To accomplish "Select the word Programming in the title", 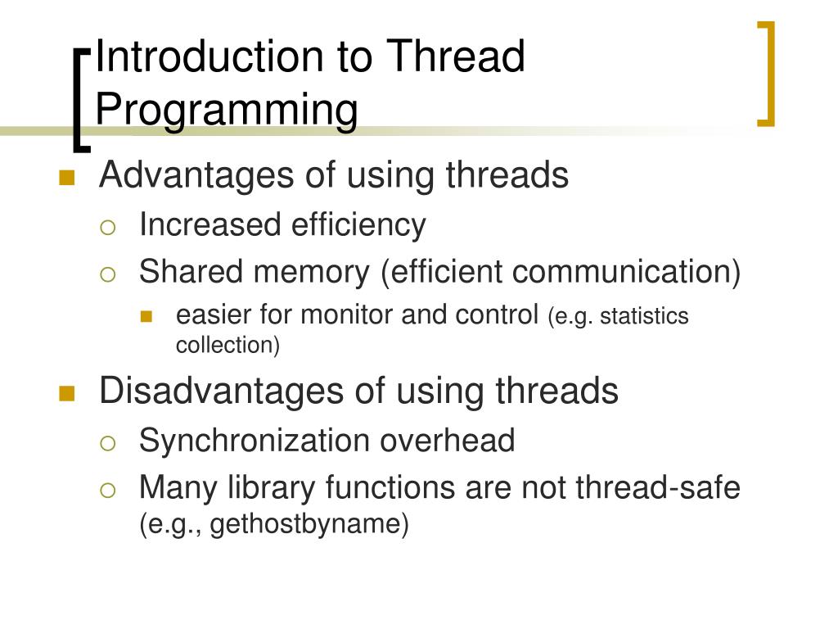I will (x=227, y=111).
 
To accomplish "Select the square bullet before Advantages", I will (x=67, y=179).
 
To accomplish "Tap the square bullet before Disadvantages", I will (x=67, y=394).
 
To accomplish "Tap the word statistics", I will (x=644, y=316).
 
